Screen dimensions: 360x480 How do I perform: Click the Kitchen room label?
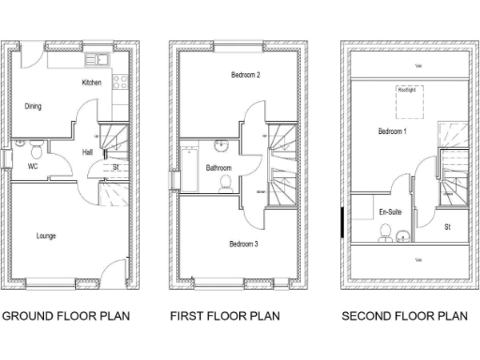pyautogui.click(x=91, y=83)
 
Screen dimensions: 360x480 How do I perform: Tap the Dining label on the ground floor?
pyautogui.click(x=33, y=106)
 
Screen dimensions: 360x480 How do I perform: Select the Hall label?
pyautogui.click(x=87, y=151)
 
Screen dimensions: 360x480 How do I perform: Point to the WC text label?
pyautogui.click(x=31, y=168)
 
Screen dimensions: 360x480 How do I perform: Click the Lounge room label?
pyautogui.click(x=45, y=235)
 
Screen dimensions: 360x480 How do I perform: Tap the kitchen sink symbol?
pyautogui.click(x=97, y=60)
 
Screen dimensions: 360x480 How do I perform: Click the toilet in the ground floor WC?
pyautogui.click(x=34, y=148)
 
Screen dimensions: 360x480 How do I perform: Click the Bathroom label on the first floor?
pyautogui.click(x=218, y=168)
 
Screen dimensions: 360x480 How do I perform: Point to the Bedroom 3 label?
pyautogui.click(x=244, y=244)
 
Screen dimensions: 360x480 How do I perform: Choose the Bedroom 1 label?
pyautogui.click(x=392, y=131)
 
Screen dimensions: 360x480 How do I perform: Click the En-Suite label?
pyautogui.click(x=390, y=213)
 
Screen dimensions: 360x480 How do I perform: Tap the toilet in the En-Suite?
pyautogui.click(x=385, y=235)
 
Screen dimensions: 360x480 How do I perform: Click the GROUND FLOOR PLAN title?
pyautogui.click(x=65, y=316)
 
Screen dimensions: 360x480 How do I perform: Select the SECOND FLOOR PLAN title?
pyautogui.click(x=403, y=316)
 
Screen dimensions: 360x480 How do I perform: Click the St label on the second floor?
pyautogui.click(x=448, y=226)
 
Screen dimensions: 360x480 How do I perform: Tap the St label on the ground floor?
pyautogui.click(x=115, y=168)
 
